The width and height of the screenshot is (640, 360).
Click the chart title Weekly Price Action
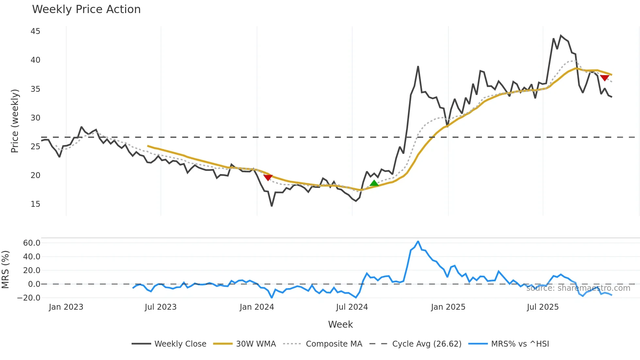click(86, 9)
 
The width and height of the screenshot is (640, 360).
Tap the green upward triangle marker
click(374, 183)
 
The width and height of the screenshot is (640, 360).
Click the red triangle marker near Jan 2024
click(268, 178)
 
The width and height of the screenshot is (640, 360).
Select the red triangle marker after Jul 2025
click(604, 78)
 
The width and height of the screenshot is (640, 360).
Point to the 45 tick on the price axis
click(35, 31)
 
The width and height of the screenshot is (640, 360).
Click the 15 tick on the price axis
click(35, 204)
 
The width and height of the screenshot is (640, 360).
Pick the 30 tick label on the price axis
click(35, 118)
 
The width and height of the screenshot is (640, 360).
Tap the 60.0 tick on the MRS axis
click(32, 243)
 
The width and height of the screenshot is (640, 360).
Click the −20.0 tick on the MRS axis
click(29, 298)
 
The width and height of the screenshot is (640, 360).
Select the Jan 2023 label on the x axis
click(66, 307)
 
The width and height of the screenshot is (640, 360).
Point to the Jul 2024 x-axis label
click(352, 307)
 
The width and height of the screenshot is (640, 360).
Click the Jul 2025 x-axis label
click(543, 307)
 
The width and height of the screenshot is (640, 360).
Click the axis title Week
click(340, 324)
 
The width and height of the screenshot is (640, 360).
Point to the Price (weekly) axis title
click(15, 121)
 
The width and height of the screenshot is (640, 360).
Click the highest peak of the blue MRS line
click(418, 242)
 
